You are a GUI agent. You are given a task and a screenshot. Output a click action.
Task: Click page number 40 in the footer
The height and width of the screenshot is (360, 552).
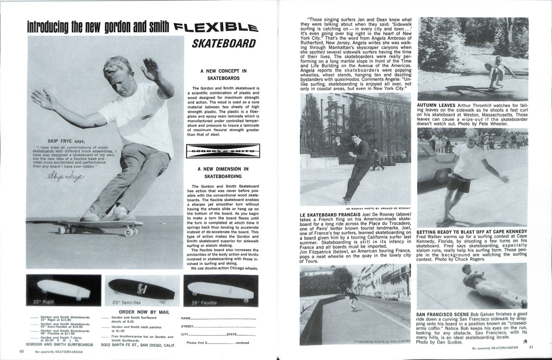pos(21,352)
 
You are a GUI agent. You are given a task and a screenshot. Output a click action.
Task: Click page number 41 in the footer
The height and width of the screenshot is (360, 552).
pos(530,347)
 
